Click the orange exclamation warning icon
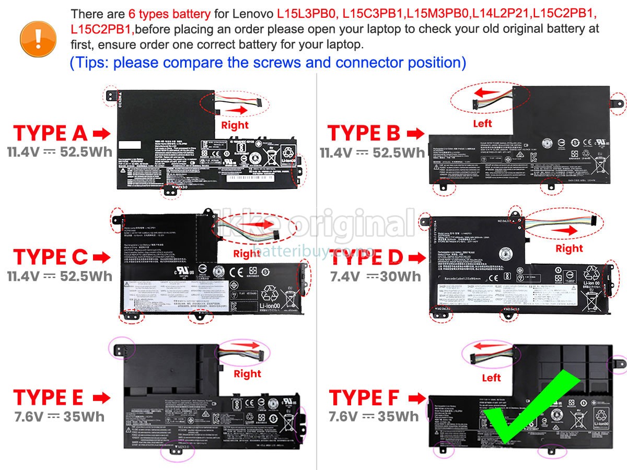[x=38, y=36]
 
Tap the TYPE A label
[x=50, y=134]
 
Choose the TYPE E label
[x=48, y=398]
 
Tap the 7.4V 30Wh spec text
[x=375, y=277]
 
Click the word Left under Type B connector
[x=482, y=124]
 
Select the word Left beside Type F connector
[x=491, y=378]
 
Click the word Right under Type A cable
[x=235, y=125]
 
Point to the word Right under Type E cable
[x=247, y=374]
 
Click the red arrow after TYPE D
[x=416, y=257]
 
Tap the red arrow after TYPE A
[x=101, y=134]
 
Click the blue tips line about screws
[x=268, y=63]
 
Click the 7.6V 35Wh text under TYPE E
[x=59, y=417]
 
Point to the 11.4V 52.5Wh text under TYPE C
[x=59, y=276]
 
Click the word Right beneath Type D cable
[x=569, y=249]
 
